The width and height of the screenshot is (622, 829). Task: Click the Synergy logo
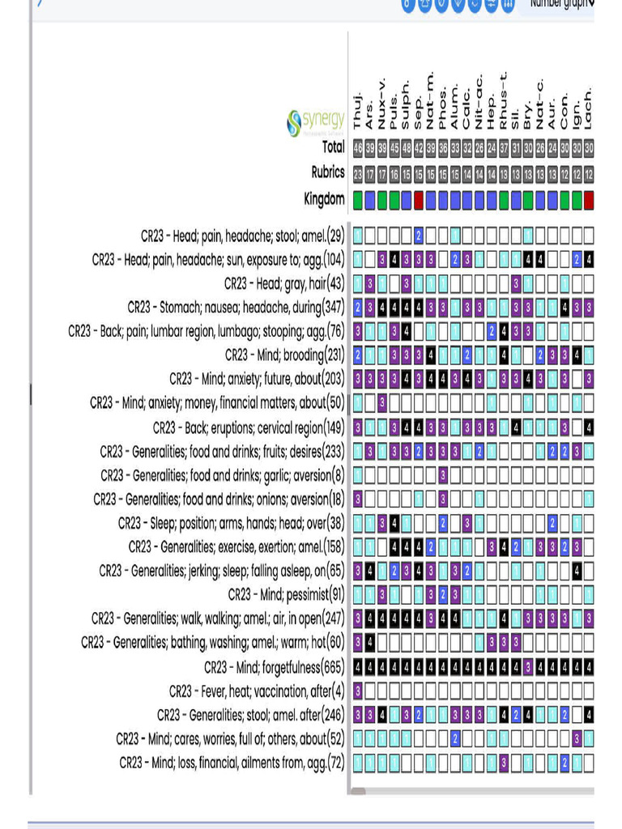tap(316, 123)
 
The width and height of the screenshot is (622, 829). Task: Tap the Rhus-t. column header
tap(504, 101)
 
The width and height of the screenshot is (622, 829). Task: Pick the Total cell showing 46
tap(358, 147)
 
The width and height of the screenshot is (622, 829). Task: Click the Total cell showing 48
tap(407, 147)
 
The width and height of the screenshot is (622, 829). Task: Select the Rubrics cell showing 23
tap(358, 172)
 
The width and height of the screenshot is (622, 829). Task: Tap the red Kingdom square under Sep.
tap(419, 199)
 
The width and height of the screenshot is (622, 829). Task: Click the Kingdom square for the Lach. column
tap(589, 199)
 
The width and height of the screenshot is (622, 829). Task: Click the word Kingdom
tap(324, 199)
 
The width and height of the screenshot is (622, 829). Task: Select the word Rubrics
tap(328, 172)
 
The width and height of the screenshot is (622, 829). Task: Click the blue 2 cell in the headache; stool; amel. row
tap(419, 236)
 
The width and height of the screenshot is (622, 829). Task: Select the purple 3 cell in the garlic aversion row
tap(443, 475)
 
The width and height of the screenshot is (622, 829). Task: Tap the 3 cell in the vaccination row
tap(358, 691)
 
